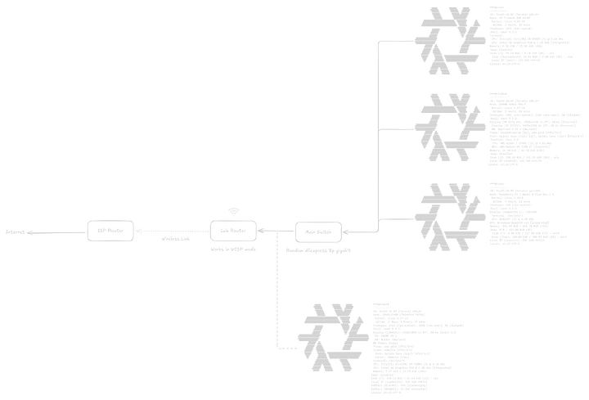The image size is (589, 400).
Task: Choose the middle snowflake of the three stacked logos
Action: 448,127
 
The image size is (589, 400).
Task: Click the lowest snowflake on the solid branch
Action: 448,214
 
